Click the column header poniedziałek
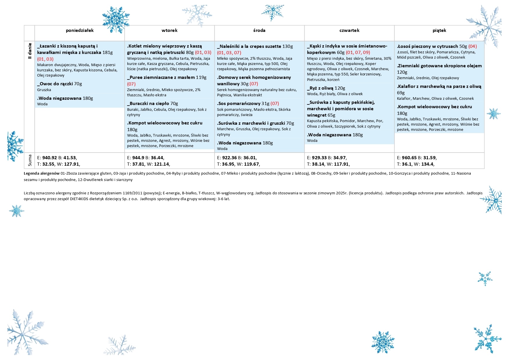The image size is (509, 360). pos(80,30)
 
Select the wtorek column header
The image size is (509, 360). pos(169,30)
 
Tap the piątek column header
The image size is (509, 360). pos(439,30)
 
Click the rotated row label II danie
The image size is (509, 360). pos(29,51)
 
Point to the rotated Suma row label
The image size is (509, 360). pos(30,161)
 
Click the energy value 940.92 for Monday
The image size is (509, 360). pos(50,158)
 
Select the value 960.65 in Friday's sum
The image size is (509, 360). pos(409,158)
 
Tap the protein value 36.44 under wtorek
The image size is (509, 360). pos(157,158)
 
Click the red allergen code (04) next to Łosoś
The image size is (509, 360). pos(472,46)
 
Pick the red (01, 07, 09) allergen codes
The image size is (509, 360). pos(358,53)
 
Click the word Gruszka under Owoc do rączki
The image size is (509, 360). pos(44,90)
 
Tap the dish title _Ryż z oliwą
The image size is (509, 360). pos(320,88)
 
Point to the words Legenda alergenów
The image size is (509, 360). pos(41,173)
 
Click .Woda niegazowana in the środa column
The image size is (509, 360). pos(239,143)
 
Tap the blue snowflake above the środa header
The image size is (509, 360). pos(272,12)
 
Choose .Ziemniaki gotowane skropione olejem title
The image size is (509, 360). pos(439,66)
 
